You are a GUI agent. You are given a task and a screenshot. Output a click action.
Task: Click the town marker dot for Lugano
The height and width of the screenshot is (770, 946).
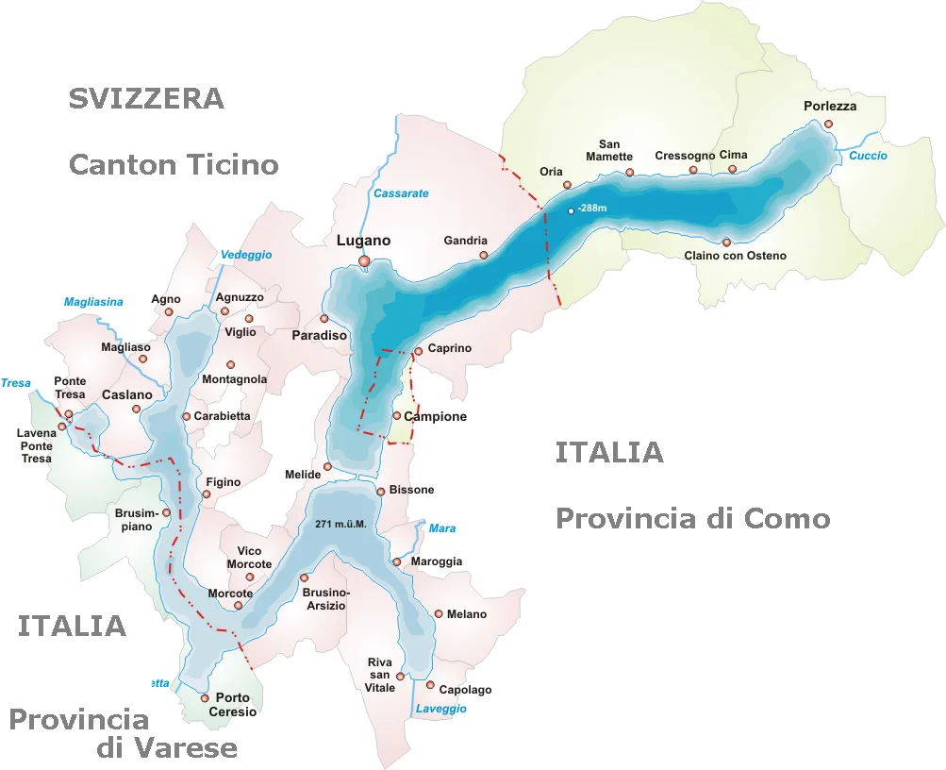364,261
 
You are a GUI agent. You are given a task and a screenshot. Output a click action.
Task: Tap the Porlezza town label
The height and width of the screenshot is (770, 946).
830,107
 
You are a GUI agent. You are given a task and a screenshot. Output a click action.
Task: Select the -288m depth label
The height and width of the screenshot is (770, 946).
594,209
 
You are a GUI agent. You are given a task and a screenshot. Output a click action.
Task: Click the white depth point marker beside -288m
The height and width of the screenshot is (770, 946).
571,211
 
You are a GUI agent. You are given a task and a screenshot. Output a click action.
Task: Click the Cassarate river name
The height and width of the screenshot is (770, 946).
401,193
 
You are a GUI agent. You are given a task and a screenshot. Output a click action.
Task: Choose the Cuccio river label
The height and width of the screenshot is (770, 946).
868,156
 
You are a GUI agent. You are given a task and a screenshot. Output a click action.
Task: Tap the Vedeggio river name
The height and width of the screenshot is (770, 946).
246,255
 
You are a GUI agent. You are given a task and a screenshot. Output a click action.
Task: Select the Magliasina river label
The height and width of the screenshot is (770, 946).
93,302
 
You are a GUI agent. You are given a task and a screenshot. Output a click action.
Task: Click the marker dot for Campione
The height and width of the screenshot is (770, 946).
397,415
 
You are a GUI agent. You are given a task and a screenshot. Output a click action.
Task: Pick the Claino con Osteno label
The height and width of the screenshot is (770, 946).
735,256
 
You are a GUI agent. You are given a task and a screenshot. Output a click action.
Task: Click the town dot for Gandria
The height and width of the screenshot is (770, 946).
484,255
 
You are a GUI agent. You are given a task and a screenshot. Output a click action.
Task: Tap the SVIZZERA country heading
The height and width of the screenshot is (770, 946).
146,98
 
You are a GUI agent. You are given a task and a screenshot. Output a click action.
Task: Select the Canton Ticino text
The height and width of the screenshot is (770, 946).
174,165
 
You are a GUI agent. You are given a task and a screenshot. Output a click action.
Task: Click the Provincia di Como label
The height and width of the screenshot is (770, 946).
692,518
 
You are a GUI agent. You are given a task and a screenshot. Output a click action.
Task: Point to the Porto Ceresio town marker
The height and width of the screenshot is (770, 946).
205,698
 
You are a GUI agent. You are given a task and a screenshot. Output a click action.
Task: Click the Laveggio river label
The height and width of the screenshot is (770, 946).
440,709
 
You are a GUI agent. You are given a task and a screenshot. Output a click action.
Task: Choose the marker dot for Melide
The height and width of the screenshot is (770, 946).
328,466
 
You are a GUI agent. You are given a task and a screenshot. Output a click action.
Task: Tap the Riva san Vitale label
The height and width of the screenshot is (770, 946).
379,675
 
